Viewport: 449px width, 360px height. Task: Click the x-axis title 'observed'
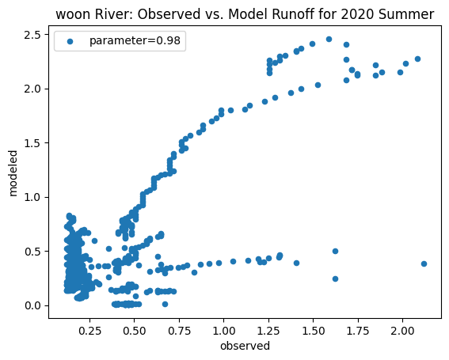pyautogui.click(x=245, y=346)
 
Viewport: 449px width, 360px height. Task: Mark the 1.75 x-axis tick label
pyautogui.click(x=358, y=328)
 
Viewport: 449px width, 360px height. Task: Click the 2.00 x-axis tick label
pyautogui.click(x=403, y=328)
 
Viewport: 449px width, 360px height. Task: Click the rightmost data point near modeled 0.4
pyautogui.click(x=424, y=263)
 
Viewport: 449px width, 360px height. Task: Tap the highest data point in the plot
pyautogui.click(x=329, y=39)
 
